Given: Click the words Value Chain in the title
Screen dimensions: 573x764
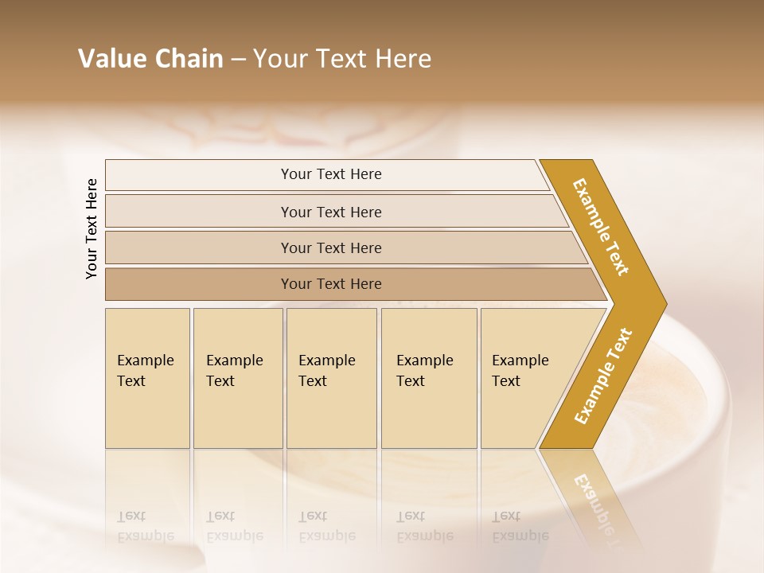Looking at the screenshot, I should [x=150, y=59].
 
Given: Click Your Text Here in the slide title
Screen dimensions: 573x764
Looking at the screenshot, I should [x=342, y=59].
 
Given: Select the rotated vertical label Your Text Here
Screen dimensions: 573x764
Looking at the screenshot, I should [x=92, y=228].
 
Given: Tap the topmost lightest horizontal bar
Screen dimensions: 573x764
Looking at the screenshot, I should [x=330, y=174].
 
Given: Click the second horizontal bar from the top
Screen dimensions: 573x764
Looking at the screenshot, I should [x=330, y=212].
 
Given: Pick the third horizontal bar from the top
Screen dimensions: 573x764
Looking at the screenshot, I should [x=330, y=248].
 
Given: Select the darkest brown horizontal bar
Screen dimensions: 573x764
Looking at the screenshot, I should [x=330, y=284].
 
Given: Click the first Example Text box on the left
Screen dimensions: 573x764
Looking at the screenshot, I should [x=147, y=378].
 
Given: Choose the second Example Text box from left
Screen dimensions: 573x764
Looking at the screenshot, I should [x=237, y=378].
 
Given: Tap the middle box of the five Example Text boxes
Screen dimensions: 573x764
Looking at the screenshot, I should [x=331, y=378].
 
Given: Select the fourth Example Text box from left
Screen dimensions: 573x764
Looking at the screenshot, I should [x=428, y=378].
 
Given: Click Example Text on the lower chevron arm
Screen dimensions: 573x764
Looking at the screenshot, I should [x=603, y=376].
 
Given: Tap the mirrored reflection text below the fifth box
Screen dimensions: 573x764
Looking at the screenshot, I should [x=520, y=526].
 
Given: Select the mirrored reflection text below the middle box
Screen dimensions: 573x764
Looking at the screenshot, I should [x=326, y=526].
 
